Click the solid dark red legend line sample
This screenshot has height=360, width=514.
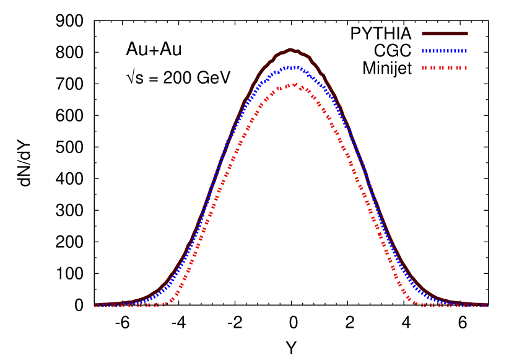coord(445,33)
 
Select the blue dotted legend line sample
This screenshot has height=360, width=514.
coord(445,51)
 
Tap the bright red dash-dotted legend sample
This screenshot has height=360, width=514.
coord(445,68)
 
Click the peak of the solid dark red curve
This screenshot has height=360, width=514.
coord(290,50)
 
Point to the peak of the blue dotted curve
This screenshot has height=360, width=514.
coord(291,66)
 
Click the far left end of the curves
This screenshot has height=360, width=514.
coord(95,305)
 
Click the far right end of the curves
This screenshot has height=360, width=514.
coord(487,305)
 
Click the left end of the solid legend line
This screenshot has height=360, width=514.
coord(423,33)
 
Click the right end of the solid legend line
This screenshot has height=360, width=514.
coord(467,33)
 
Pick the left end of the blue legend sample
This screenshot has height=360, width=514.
coord(423,51)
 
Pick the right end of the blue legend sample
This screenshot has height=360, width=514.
coord(466,51)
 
